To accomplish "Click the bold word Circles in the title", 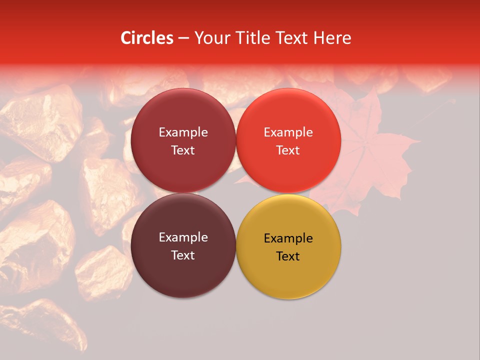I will (147, 38).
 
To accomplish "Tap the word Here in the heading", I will (332, 38).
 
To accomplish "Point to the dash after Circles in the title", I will (183, 38).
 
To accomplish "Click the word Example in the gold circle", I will (288, 238).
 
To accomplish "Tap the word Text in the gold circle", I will (288, 256).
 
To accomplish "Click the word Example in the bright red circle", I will (288, 132).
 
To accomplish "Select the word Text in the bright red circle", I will (288, 150).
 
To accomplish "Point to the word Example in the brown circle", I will (183, 237).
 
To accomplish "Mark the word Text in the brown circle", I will (183, 255).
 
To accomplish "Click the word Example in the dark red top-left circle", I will (183, 132).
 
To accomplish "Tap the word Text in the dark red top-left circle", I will (183, 150).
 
